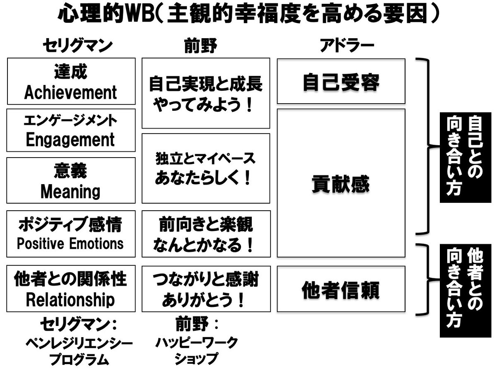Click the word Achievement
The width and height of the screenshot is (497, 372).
point(71,92)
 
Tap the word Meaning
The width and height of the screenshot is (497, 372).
point(70,191)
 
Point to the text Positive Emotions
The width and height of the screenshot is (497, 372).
point(70,243)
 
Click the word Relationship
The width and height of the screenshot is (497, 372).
point(70,299)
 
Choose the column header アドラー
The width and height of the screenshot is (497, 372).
point(347,47)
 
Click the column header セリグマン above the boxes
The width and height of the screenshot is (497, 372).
point(78,47)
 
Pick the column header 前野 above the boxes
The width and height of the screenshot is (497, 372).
point(200,47)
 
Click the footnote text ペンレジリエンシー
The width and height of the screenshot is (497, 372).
point(79,343)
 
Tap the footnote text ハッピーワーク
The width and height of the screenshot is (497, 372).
point(197,343)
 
